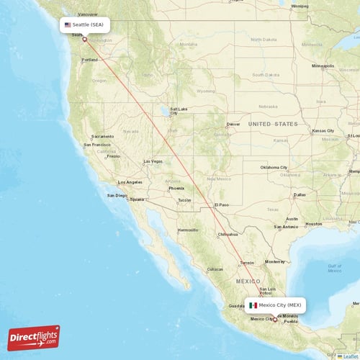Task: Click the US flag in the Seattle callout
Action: click(x=68, y=24)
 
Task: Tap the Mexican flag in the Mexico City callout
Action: click(x=253, y=305)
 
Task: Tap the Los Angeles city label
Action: click(x=130, y=182)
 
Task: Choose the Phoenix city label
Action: click(x=176, y=189)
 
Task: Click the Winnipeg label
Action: click(x=300, y=6)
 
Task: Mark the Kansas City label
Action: click(x=323, y=131)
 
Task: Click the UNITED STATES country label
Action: click(x=272, y=124)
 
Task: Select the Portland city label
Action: click(x=89, y=60)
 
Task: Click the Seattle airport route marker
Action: click(x=84, y=39)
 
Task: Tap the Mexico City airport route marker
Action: click(x=274, y=320)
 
